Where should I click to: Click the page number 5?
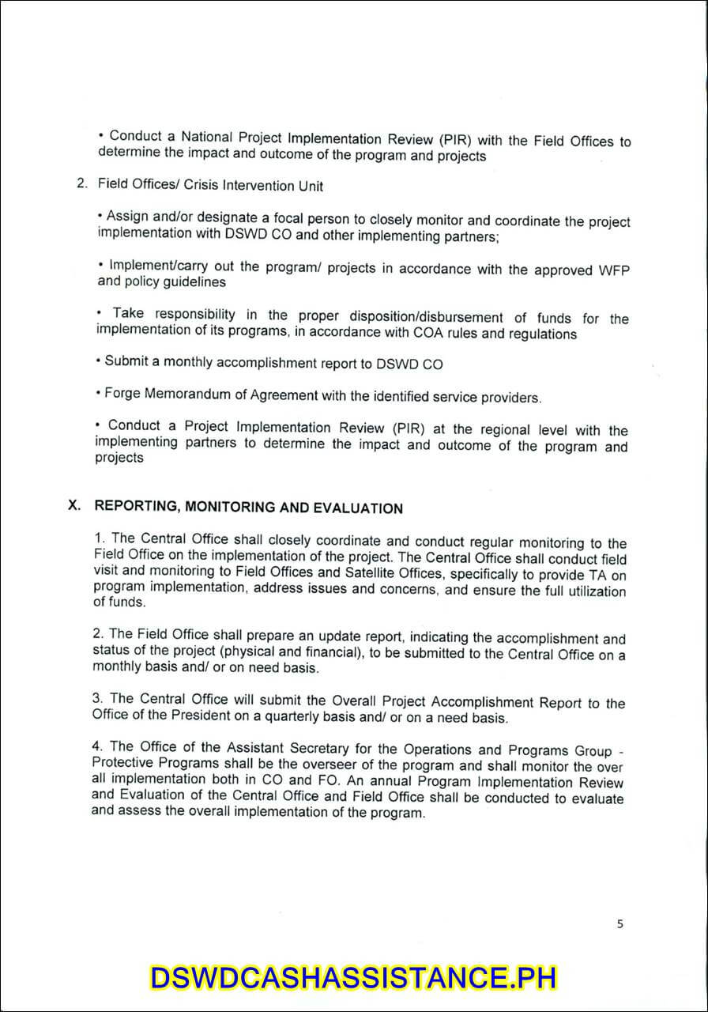[x=620, y=923]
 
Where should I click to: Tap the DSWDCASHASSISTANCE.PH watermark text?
[x=353, y=977]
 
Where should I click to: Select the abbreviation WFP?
[x=613, y=270]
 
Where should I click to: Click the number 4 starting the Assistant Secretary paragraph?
[x=96, y=746]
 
